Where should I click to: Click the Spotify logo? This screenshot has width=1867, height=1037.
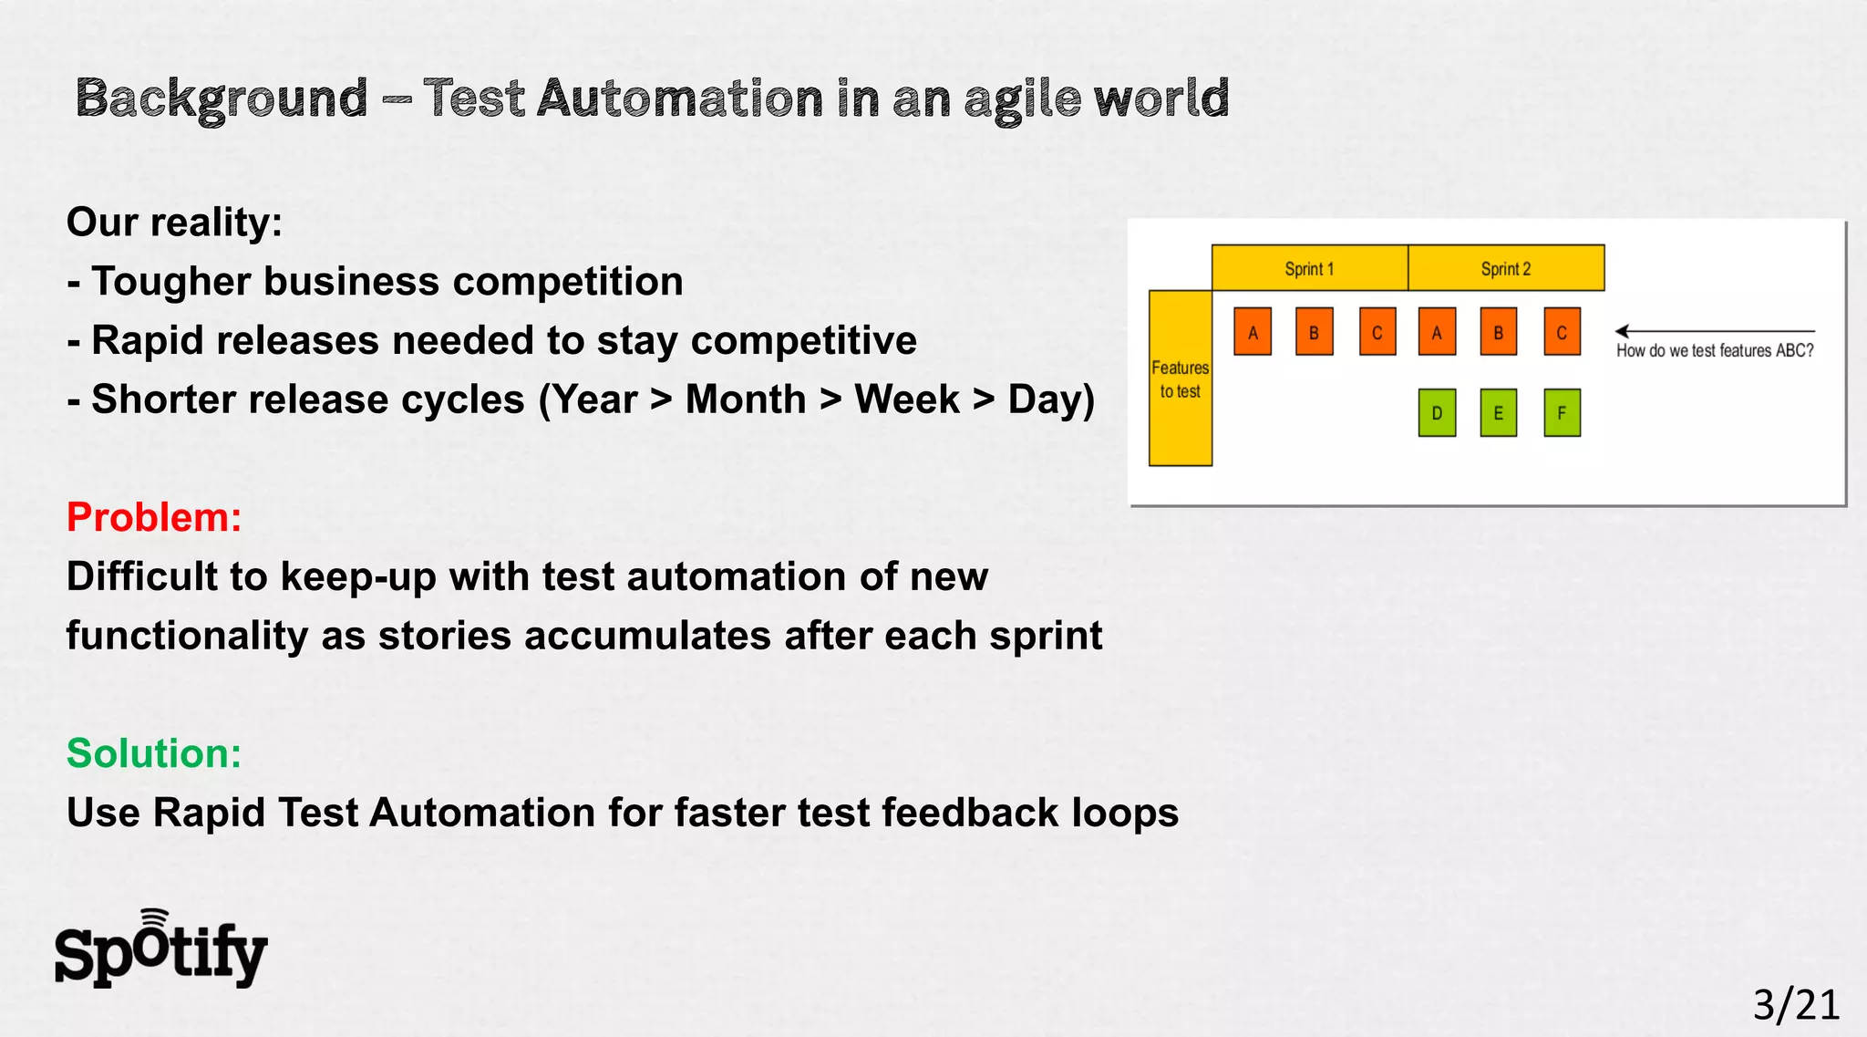[161, 950]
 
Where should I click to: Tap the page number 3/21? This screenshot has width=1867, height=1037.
[1795, 1004]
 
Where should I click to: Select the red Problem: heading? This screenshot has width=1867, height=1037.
[154, 517]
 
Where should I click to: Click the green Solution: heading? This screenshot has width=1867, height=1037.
[154, 753]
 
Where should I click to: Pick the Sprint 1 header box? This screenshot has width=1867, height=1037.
[1309, 268]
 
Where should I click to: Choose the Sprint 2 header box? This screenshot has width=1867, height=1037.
[1506, 268]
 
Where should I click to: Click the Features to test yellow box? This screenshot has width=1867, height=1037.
[1180, 379]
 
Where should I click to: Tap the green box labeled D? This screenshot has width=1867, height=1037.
[1437, 413]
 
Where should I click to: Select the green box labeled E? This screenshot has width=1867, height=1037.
[1498, 413]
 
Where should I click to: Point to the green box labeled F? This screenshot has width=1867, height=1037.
[1562, 413]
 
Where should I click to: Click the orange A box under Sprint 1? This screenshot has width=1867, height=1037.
[1253, 332]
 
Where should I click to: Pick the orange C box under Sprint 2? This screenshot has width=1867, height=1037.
[1562, 332]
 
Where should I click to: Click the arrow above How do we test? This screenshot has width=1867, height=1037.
[1714, 331]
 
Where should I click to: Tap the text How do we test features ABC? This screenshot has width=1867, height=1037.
[1715, 351]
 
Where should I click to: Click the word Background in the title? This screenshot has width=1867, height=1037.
[222, 99]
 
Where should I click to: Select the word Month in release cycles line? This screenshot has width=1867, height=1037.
[746, 399]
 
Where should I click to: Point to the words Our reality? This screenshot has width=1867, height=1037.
[174, 223]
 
